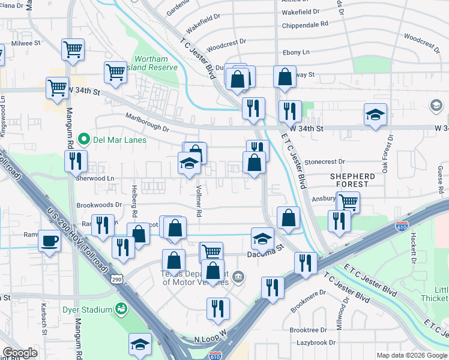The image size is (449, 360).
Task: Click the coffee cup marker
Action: [49, 241]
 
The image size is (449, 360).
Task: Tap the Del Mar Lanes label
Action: [119, 140]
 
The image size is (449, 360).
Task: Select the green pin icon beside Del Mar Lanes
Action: [83, 140]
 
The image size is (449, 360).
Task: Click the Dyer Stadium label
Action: [88, 310]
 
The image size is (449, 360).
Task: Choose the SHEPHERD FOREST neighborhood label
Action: [353, 181]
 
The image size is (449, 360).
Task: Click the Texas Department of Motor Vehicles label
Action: [194, 278]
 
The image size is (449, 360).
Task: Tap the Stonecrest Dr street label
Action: [325, 161]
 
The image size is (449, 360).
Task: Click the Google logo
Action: [20, 352]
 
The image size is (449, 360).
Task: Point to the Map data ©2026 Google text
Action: [411, 355]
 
